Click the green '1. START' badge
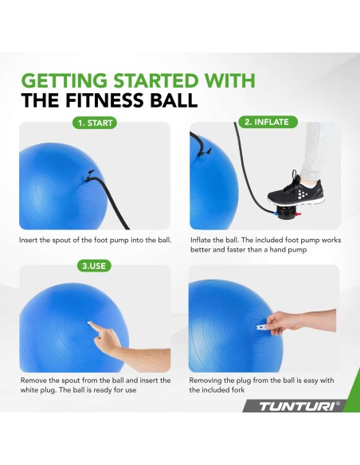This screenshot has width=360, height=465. click(95, 123)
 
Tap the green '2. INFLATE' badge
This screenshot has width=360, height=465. click(268, 122)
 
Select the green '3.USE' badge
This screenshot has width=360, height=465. click(94, 266)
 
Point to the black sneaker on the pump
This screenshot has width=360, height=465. click(296, 190)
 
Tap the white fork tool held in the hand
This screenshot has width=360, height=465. click(264, 327)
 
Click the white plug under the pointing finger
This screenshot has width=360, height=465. click(89, 322)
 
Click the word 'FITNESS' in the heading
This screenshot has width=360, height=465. click(105, 100)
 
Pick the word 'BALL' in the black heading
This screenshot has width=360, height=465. click(174, 100)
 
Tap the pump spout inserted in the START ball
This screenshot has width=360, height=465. click(88, 176)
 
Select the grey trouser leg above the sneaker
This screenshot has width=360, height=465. click(311, 151)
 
